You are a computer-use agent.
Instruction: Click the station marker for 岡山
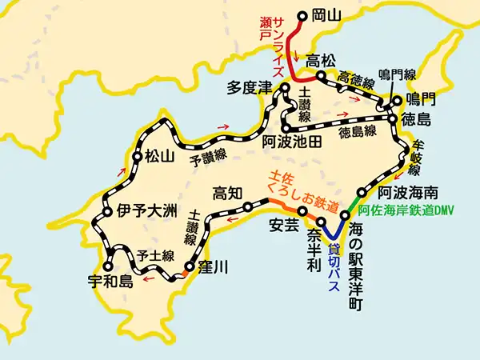point(303,14)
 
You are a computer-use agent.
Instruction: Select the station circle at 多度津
point(283,94)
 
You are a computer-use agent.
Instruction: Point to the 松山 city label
point(162,157)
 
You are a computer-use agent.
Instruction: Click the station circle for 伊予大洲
point(106,213)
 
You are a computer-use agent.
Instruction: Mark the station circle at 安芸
point(302,211)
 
